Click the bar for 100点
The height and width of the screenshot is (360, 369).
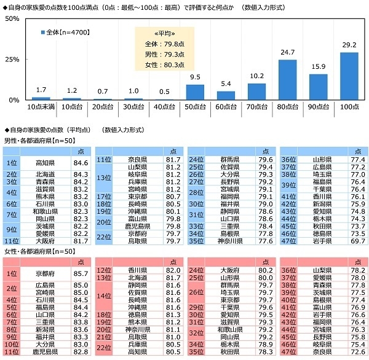(349, 76)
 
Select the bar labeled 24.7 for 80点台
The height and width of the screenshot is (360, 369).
(287, 80)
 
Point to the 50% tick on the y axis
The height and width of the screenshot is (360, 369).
(10, 19)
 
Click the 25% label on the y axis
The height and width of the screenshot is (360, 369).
(10, 60)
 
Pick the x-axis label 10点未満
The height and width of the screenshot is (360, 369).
(41, 108)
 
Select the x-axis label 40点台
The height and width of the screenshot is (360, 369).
(164, 108)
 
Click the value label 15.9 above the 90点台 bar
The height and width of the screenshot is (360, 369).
(318, 66)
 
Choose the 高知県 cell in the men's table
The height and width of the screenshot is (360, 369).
(46, 163)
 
